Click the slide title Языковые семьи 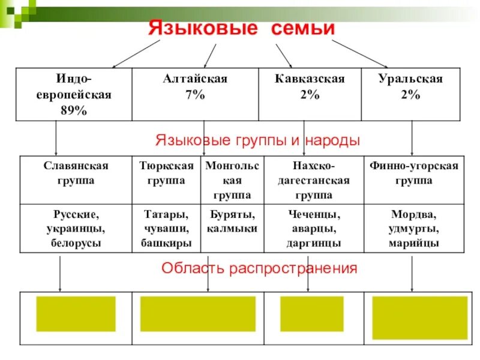coord(241,28)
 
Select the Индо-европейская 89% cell coord(76,94)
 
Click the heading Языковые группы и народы coord(257,140)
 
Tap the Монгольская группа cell coord(232,180)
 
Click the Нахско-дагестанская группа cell coord(314,180)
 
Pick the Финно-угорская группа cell coord(413,173)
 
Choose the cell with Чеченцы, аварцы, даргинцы coord(314,229)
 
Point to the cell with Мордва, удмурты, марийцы coord(413,229)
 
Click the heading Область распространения coord(259,268)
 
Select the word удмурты coord(413,229)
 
